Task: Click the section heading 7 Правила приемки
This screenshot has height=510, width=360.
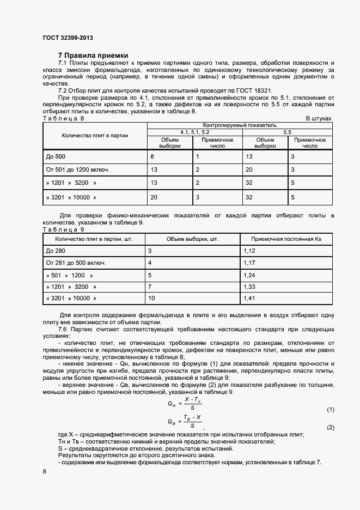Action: coord(93,56)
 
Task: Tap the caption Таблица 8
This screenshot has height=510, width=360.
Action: coord(64,118)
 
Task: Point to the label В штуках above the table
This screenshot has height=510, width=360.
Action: coord(318,118)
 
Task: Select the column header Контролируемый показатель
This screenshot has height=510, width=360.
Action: coord(241,125)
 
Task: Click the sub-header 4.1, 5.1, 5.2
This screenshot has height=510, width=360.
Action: coord(194,132)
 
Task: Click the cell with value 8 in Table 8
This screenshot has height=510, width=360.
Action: coord(152,157)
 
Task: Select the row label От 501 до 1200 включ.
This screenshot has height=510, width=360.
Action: coord(78,170)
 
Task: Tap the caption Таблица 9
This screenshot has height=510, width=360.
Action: coord(64,229)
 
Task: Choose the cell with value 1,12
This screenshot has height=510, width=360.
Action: coord(249,251)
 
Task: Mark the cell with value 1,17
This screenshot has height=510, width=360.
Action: coord(249,263)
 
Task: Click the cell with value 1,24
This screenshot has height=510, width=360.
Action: coord(249,275)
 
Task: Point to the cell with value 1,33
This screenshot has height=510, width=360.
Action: coord(249,287)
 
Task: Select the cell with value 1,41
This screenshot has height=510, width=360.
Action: coord(249,299)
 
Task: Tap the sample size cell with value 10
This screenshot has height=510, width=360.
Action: coord(151,299)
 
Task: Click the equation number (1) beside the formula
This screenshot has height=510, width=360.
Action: coord(330,409)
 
